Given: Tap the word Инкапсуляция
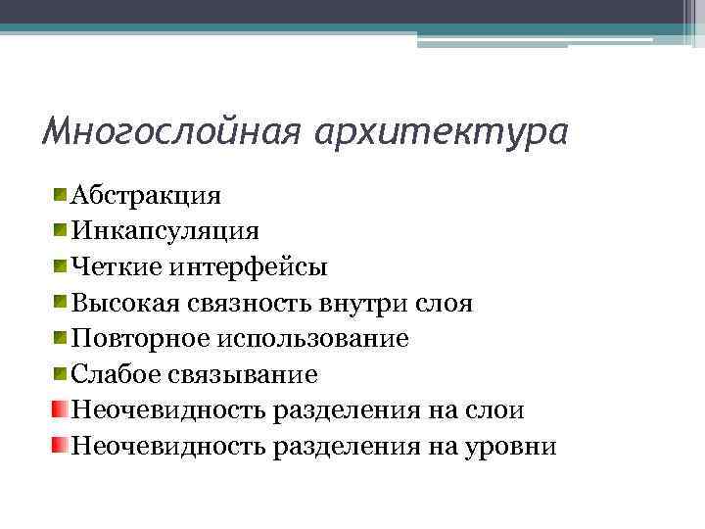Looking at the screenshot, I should pyautogui.click(x=164, y=231).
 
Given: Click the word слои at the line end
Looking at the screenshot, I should pyautogui.click(x=492, y=410).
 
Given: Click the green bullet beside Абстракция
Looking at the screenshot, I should pyautogui.click(x=61, y=193).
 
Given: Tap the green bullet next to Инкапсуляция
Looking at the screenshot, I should pyautogui.click(x=61, y=229).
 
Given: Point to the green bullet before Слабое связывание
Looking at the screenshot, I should pyautogui.click(x=61, y=373).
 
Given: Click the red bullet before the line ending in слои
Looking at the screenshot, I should pyautogui.click(x=61, y=409).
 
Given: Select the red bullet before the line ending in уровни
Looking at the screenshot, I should pyautogui.click(x=61, y=446).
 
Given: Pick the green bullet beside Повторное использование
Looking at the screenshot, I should pyautogui.click(x=61, y=338).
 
